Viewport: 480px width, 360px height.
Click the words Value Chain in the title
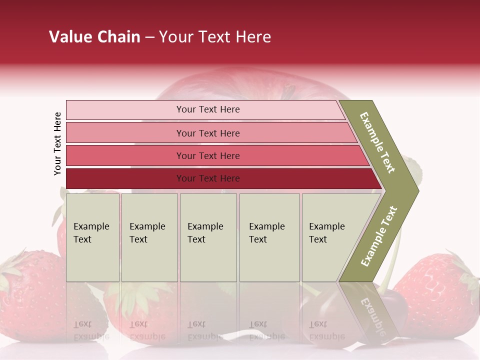[x=94, y=37]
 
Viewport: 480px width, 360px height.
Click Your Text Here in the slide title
[x=215, y=37]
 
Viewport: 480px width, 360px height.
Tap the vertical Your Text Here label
[x=57, y=143]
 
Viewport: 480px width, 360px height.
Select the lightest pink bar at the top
[x=207, y=109]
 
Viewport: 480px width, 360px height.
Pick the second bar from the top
[x=207, y=133]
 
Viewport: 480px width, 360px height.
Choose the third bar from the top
[x=207, y=155]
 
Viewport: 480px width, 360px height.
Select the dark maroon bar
[x=207, y=178]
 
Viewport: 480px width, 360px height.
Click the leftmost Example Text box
[x=92, y=237]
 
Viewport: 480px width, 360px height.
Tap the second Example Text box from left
[x=149, y=237]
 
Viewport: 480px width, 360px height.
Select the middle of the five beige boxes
[x=208, y=237]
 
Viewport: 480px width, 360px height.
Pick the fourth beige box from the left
[x=269, y=237]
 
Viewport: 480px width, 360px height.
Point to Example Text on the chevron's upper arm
[x=378, y=142]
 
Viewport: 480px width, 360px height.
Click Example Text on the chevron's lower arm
[x=379, y=236]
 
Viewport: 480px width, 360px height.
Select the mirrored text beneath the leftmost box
[x=91, y=330]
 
